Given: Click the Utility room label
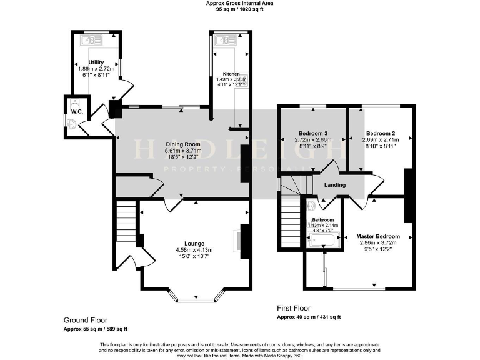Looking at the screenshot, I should pos(96,62).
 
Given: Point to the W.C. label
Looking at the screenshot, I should pos(77,111).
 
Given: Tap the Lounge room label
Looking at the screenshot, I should pos(194,243).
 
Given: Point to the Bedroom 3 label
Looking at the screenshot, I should pos(313,133).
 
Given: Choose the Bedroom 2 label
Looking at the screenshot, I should pos(381,133).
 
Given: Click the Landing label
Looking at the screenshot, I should pos(335,184).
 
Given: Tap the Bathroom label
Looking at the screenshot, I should pos(323,220).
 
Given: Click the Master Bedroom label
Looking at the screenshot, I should pos(378,236).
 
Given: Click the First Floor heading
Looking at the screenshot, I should pos(294,308).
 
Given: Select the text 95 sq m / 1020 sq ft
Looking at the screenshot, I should pos(240,9).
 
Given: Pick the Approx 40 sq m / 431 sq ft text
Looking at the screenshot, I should pos(309,317).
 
